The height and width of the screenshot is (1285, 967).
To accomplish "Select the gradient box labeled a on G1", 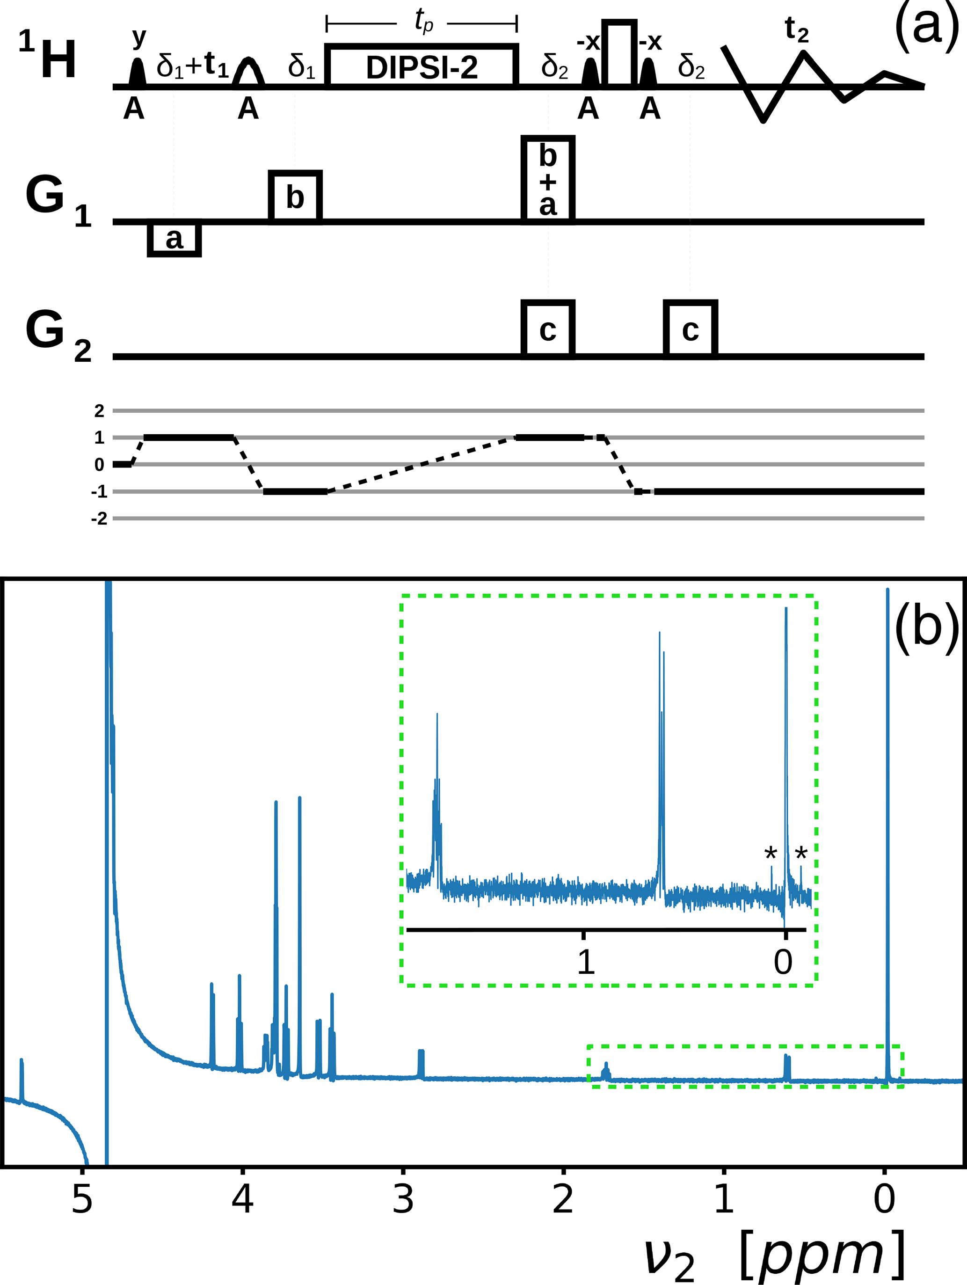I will coord(174,238).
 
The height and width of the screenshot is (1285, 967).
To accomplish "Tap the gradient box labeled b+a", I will coord(548,180).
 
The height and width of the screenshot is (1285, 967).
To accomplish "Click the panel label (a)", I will coord(926,28).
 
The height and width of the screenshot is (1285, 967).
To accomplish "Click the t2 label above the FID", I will coord(796,29).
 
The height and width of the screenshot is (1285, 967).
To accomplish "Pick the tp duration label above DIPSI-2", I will coord(423,22).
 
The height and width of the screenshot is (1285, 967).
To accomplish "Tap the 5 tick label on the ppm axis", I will coord(82,1198).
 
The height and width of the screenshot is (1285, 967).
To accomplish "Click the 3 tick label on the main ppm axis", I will coord(403,1198).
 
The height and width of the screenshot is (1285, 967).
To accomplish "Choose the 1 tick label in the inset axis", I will coord(585,962).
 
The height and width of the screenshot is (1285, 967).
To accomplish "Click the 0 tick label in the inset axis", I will coord(783,962).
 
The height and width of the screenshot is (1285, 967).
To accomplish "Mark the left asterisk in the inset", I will coord(770,854).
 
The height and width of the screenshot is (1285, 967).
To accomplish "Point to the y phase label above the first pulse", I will coord(139,38).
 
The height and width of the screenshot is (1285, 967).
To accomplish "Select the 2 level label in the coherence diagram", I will coord(99,411).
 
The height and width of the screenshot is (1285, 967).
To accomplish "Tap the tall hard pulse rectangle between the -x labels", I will coord(619,54).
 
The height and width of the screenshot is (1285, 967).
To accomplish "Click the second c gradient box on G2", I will coord(690,329).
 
